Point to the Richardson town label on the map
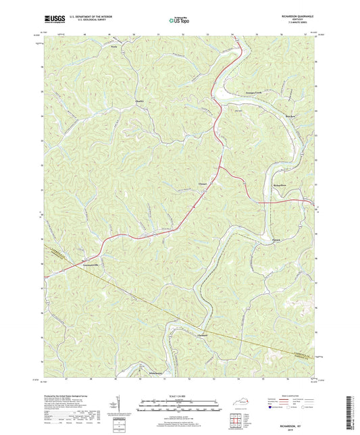[x=279, y=184]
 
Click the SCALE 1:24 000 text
[x=180, y=396]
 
